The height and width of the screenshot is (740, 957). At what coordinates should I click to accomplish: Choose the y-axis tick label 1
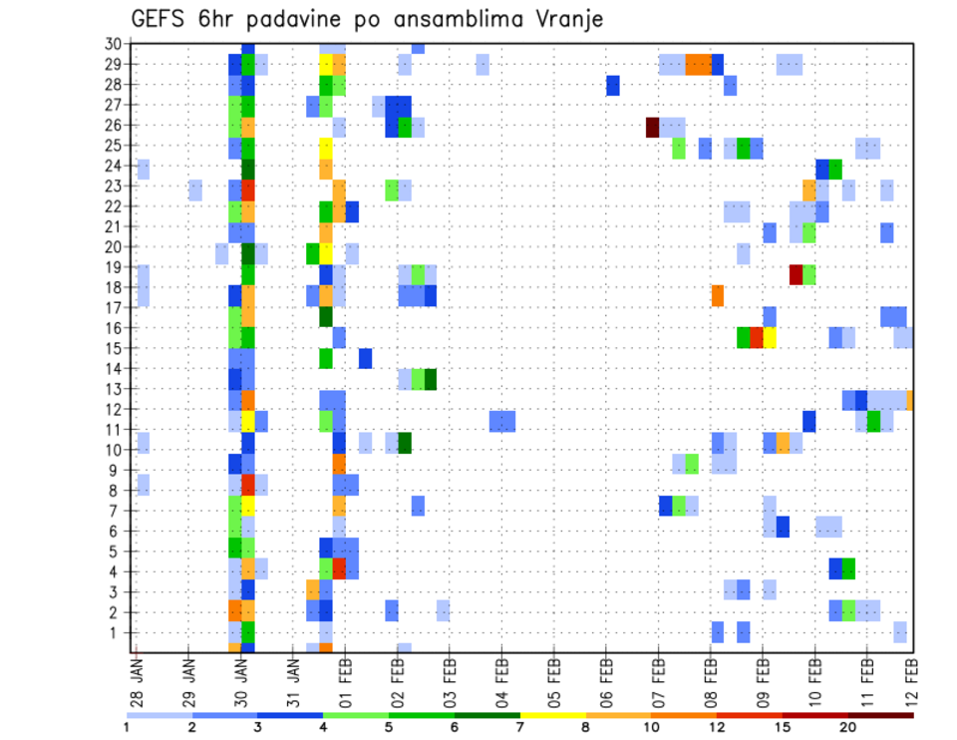coord(116,632)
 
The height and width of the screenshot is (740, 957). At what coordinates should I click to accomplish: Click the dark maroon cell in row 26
coord(652,127)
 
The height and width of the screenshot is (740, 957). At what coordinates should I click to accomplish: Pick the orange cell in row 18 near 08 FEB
coord(717,295)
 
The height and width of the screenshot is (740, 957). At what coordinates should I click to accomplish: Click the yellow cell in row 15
coord(769,337)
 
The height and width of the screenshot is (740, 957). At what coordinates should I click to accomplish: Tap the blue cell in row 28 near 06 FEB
coord(613,86)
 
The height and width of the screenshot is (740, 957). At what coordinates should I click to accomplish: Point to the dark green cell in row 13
coord(431,379)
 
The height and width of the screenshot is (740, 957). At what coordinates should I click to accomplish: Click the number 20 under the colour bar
coord(847,727)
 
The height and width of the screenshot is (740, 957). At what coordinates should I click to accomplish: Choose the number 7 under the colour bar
coord(519,727)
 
